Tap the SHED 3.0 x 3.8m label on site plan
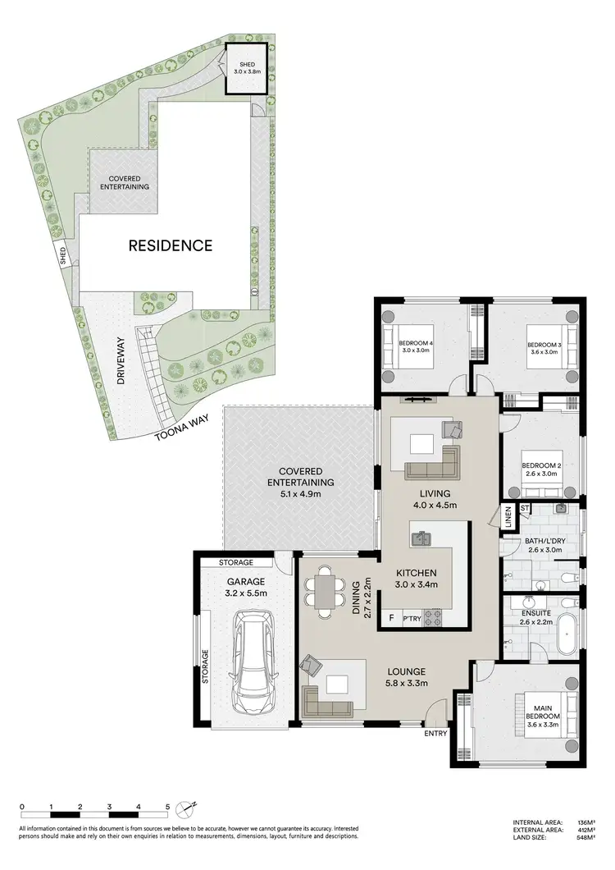[247, 68]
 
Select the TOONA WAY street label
[183, 428]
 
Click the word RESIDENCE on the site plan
[169, 245]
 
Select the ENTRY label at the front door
[435, 733]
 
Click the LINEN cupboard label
[508, 519]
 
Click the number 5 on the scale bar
[168, 807]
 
